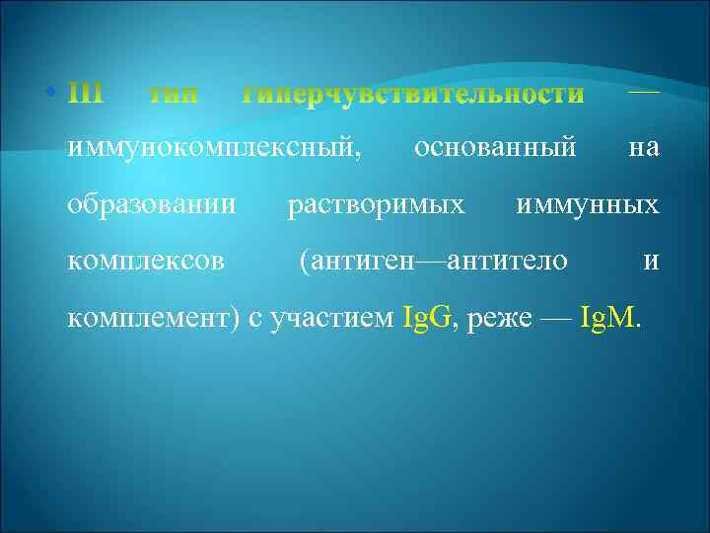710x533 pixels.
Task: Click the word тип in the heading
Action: tap(173, 95)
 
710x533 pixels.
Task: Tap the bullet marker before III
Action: tap(50, 95)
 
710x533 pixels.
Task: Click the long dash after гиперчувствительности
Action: tap(644, 92)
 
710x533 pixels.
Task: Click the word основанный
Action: tap(496, 149)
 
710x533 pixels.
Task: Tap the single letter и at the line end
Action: tap(650, 262)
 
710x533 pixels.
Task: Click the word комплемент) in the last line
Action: tap(153, 318)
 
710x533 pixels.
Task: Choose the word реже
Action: tap(504, 318)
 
